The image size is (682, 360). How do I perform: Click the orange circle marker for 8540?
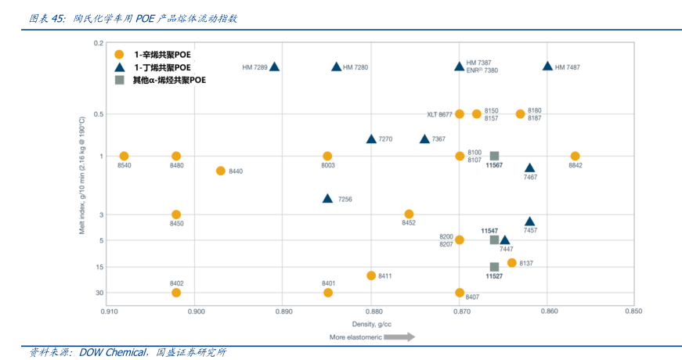[124, 157]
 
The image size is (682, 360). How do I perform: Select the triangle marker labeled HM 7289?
[275, 67]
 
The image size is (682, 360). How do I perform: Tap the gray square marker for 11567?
[494, 157]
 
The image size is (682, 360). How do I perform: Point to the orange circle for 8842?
[575, 157]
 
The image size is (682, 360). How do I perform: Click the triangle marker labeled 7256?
[327, 199]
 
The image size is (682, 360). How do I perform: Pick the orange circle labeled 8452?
[409, 214]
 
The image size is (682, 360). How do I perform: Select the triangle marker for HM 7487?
[547, 67]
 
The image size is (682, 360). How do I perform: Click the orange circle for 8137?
[511, 263]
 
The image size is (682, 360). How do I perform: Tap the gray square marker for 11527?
[494, 267]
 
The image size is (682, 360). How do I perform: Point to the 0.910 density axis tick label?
[108, 311]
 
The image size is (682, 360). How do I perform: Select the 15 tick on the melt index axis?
[99, 267]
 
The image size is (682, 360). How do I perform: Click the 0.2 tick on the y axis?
[99, 42]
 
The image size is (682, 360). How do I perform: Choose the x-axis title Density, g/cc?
[371, 323]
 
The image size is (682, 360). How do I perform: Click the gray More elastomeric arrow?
[399, 337]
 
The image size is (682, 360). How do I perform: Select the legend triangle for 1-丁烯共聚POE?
[119, 67]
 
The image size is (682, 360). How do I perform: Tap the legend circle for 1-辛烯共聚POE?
[119, 55]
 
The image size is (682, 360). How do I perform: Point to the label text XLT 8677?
[439, 114]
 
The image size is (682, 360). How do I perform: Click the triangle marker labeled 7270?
[371, 139]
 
